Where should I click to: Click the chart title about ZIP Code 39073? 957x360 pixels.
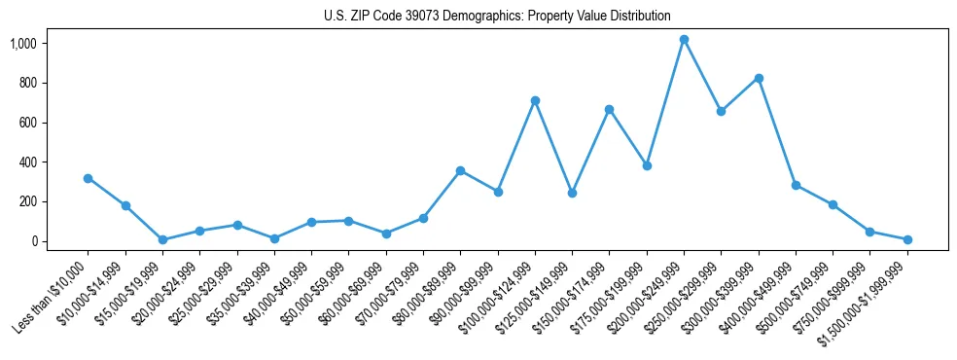click(497, 16)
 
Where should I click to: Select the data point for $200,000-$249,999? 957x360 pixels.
click(684, 40)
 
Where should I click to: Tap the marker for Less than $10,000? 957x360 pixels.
click(88, 178)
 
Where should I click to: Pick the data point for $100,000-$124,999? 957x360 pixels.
click(535, 100)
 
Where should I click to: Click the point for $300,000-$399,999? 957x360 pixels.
click(759, 78)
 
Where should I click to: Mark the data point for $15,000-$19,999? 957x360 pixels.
click(162, 239)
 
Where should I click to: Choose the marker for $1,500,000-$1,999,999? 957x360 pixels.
click(907, 239)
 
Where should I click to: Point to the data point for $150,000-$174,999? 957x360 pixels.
click(609, 109)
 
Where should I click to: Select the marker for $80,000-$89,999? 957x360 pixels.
click(460, 170)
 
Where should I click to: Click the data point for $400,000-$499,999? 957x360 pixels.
click(796, 185)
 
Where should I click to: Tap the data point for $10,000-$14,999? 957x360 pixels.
click(125, 205)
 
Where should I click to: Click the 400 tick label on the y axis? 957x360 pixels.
click(27, 162)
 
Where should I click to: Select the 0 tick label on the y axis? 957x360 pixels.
click(33, 241)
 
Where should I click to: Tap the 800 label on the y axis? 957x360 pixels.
click(27, 84)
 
